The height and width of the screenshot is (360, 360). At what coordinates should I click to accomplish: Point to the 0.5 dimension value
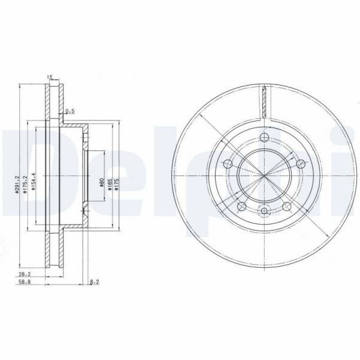click(69, 111)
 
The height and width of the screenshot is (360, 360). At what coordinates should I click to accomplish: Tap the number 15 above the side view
click(50, 76)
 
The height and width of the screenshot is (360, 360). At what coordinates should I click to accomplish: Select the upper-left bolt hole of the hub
click(226, 164)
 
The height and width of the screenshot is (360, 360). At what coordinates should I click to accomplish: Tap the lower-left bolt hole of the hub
click(243, 207)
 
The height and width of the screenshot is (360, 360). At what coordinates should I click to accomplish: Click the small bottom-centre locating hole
click(265, 210)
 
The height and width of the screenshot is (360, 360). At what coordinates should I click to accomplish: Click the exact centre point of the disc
click(264, 176)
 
